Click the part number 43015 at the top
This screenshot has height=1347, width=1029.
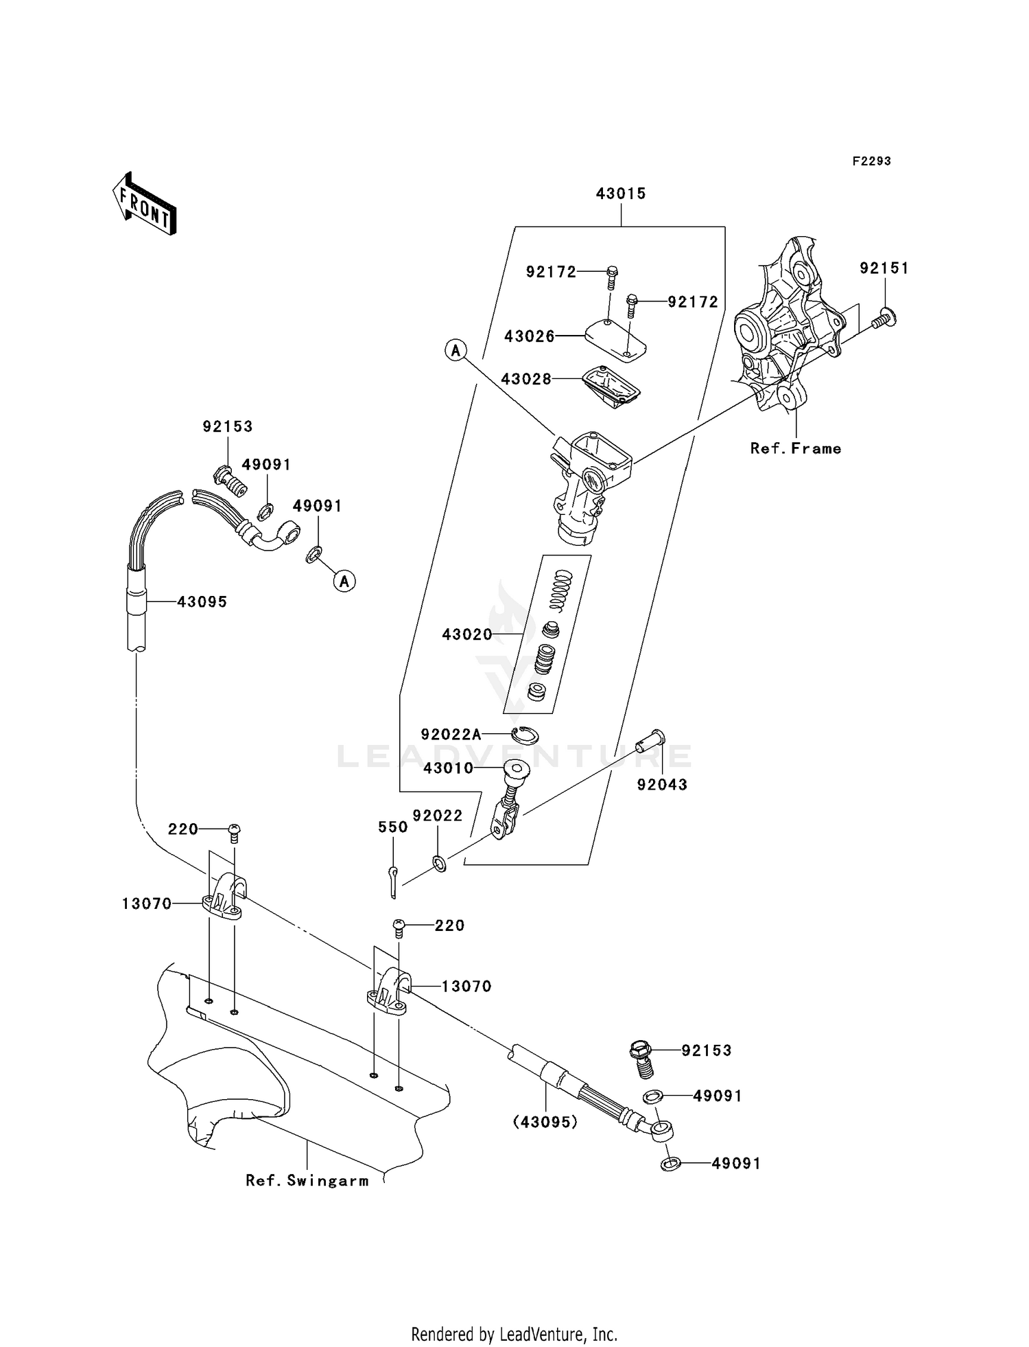point(621,194)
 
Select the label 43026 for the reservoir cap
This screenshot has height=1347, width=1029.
point(529,336)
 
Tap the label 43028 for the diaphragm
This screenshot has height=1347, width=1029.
point(525,379)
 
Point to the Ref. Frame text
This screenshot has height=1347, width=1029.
point(796,449)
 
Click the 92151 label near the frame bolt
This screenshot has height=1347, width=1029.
point(884,268)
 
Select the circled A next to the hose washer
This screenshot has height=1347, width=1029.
point(344,582)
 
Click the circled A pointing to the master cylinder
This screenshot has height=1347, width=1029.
point(455,351)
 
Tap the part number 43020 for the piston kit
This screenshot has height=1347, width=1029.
point(467,634)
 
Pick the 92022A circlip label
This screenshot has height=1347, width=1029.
point(451,735)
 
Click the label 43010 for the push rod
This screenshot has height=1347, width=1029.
point(449,768)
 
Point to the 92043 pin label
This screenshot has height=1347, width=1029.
point(662,785)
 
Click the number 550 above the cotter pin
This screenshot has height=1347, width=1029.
point(393,828)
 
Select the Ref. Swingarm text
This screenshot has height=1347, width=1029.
point(307,1181)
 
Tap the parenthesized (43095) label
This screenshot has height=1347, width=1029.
point(545,1122)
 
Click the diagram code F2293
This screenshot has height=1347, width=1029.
point(871,161)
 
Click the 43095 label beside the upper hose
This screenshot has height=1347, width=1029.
point(202,602)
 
